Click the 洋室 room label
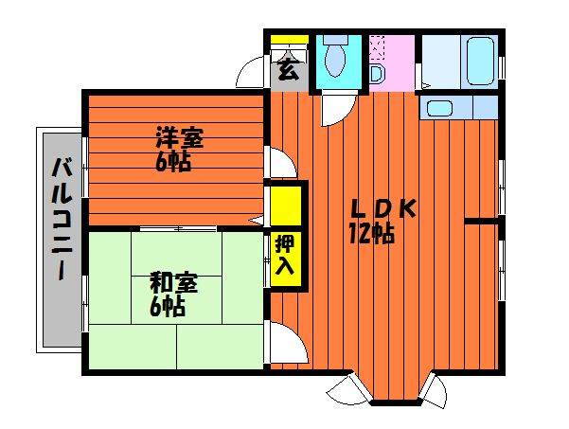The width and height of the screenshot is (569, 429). pos(179,137)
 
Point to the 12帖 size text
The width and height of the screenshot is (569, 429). pos(372,233)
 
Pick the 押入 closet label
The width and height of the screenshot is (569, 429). pos(286,255)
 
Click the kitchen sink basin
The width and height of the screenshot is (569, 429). pos(439,108)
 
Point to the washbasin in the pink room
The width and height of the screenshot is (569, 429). pos(376,75)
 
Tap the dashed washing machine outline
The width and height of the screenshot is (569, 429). pos(377,47)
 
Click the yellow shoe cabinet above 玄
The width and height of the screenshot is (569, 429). pos(289,39)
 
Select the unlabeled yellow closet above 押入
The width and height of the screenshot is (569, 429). pos(286,206)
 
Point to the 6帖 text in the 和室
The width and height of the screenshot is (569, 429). pos(168,307)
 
